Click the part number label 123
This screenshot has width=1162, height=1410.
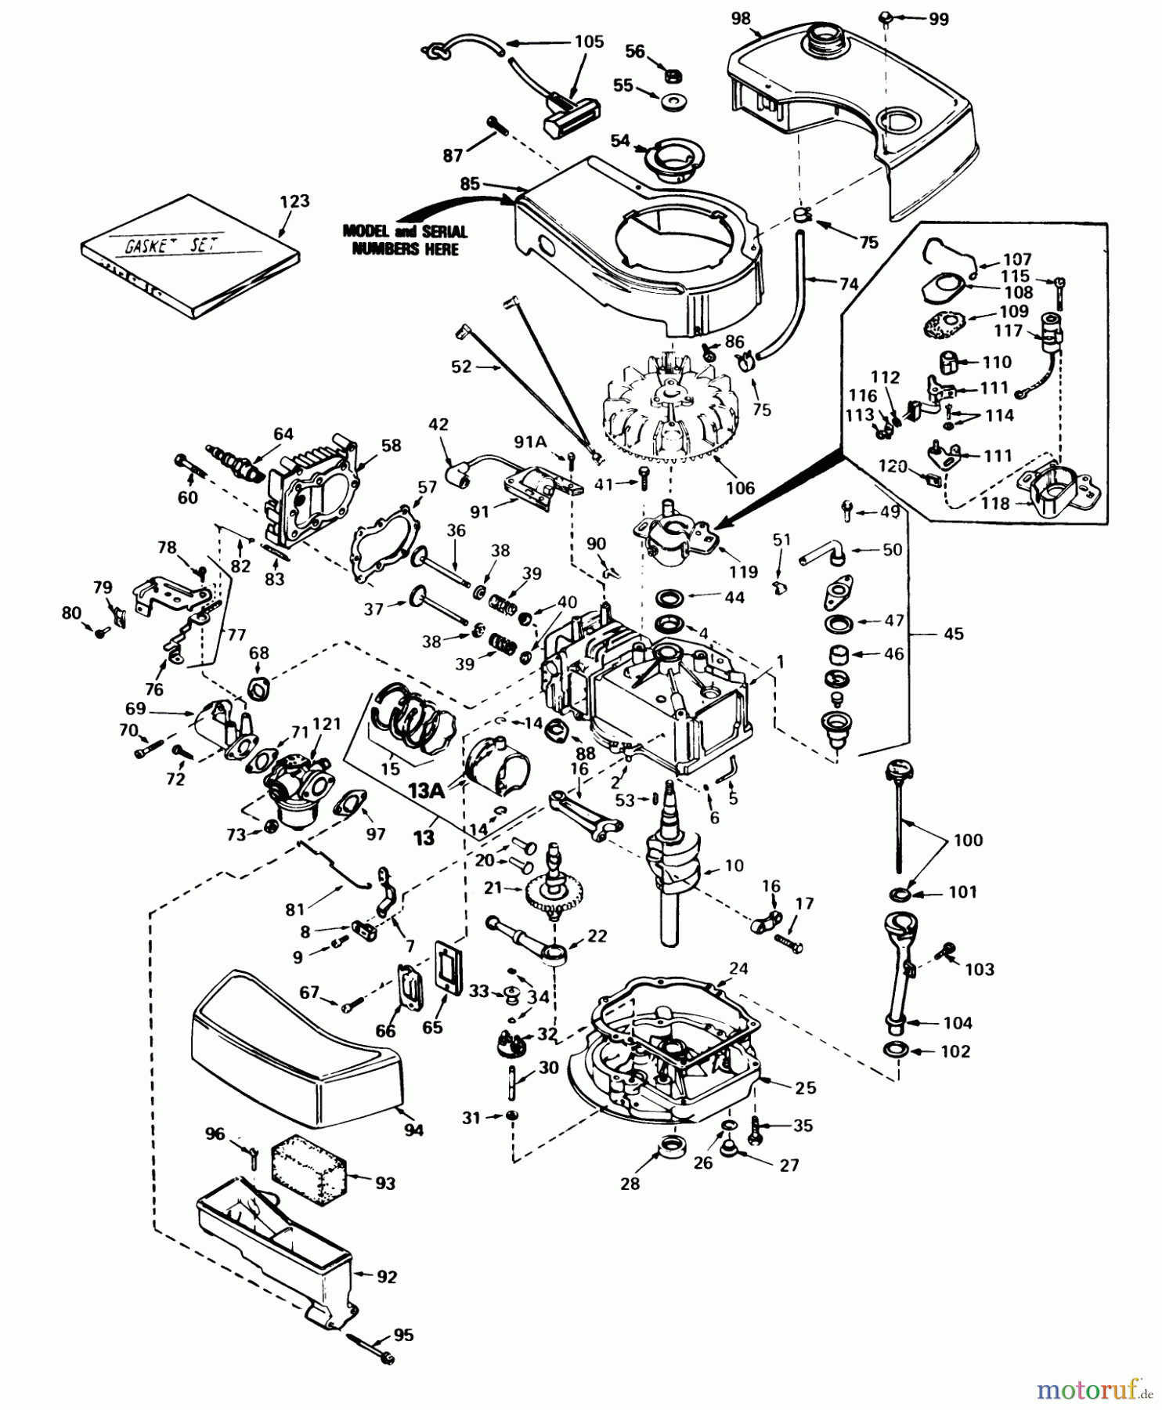coord(294,201)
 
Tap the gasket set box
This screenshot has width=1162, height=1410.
coord(190,257)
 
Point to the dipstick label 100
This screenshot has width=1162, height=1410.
coord(968,841)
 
